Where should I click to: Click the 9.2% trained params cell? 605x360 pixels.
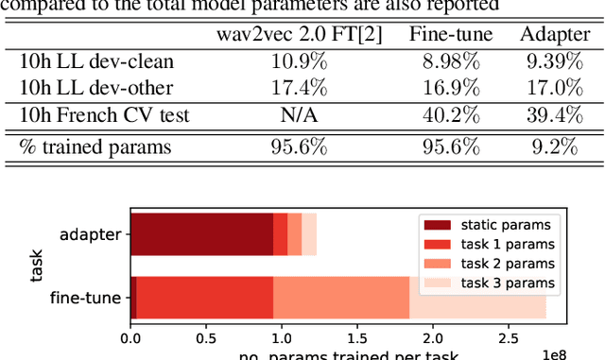click(553, 147)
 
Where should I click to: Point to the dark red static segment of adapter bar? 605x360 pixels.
click(201, 233)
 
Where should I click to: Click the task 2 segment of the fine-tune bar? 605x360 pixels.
click(341, 298)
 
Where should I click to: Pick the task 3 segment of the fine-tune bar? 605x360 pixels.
click(477, 298)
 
